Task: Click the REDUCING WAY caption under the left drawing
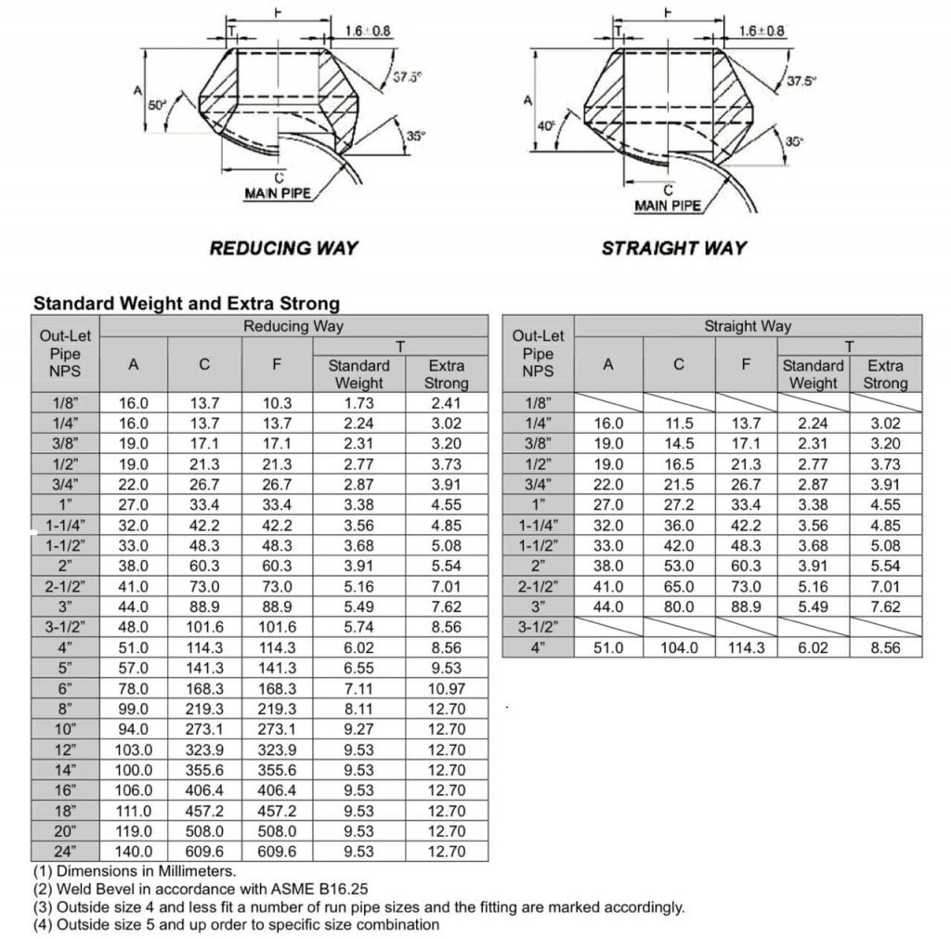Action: coord(283,248)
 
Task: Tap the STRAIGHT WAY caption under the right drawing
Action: coord(673,248)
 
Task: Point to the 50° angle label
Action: coord(158,105)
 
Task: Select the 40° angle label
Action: coord(545,124)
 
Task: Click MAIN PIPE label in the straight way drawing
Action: coord(668,205)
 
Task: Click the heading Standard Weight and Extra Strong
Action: coord(187,303)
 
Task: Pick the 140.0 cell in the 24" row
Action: coord(134,851)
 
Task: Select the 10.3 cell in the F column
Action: coord(277,403)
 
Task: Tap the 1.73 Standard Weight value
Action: coord(358,403)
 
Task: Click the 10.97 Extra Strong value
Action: coord(446,688)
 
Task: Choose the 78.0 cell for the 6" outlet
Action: coord(134,688)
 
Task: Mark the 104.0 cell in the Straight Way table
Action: coord(679,647)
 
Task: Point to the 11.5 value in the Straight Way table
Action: coord(679,423)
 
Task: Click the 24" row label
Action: coord(65,851)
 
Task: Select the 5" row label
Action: coord(65,668)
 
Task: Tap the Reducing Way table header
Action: coord(293,326)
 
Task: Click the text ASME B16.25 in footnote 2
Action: coord(317,889)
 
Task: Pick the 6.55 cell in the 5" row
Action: coord(358,668)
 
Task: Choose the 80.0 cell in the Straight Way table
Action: coord(679,606)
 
